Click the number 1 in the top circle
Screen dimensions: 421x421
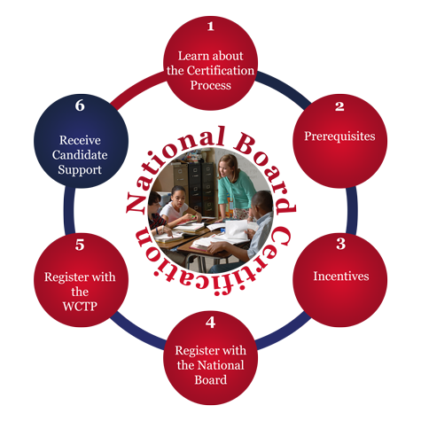210,27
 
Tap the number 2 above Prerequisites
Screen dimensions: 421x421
339,106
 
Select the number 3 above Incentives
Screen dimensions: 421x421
340,244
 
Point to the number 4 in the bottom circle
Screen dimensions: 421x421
210,323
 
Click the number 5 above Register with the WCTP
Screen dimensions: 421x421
80,245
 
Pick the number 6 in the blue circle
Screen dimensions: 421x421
80,105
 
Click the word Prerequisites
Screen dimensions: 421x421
339,136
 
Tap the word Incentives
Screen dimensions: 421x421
341,276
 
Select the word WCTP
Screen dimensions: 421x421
80,307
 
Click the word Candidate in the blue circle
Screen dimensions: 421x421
80,155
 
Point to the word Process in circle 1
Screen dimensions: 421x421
210,85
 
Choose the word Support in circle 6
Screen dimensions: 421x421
80,170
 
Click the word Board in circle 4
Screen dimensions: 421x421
211,380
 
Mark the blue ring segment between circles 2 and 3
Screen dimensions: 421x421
352,211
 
